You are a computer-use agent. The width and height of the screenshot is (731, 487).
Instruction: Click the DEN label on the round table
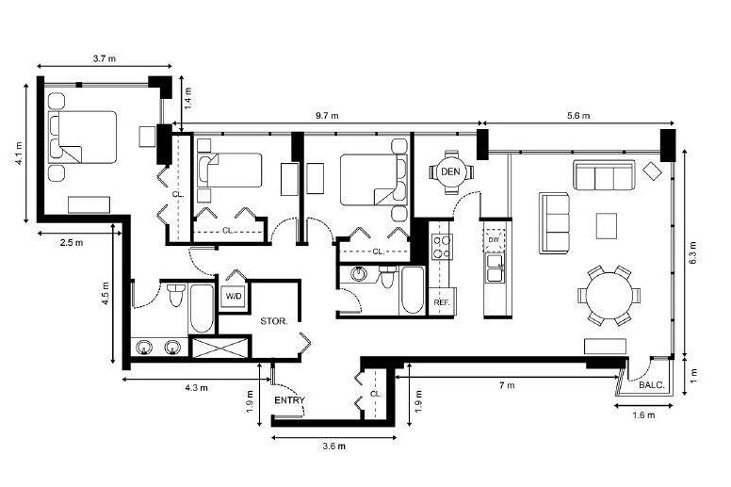tap(450, 172)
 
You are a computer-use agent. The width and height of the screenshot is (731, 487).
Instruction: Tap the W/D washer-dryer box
tap(234, 297)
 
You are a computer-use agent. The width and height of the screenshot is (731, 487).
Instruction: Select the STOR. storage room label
tap(274, 321)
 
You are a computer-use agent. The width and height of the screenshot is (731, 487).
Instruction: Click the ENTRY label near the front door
tap(289, 400)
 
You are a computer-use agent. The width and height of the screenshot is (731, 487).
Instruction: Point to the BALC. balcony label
tap(652, 385)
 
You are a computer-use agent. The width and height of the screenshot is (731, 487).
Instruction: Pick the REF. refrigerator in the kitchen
tap(442, 301)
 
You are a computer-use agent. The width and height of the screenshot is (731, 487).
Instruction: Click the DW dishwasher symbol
tap(495, 240)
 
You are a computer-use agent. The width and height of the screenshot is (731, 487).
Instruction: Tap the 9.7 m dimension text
tap(327, 116)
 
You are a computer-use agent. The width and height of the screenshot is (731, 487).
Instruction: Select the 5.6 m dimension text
tap(578, 116)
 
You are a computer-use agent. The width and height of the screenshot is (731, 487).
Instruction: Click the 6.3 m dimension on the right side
tap(692, 253)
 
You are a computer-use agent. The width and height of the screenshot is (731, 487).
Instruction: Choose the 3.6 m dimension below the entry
tap(334, 446)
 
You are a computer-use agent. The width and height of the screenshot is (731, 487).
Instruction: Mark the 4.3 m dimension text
tap(196, 388)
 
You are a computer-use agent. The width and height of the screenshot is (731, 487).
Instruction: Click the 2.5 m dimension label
tap(72, 242)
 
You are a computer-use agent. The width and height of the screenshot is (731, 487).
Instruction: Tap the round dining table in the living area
tap(609, 296)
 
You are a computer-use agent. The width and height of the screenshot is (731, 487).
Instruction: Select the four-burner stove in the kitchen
tap(442, 247)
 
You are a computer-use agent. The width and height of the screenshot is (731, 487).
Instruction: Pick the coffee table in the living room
tap(607, 226)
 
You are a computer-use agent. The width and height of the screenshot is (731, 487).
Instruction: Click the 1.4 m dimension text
tap(187, 98)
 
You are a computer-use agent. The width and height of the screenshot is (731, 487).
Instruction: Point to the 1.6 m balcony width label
tap(643, 414)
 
